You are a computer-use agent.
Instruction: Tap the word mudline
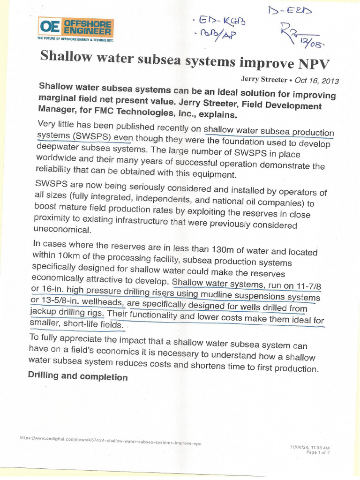pyautogui.click(x=215, y=295)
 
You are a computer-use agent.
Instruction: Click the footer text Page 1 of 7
pyautogui.click(x=318, y=453)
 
